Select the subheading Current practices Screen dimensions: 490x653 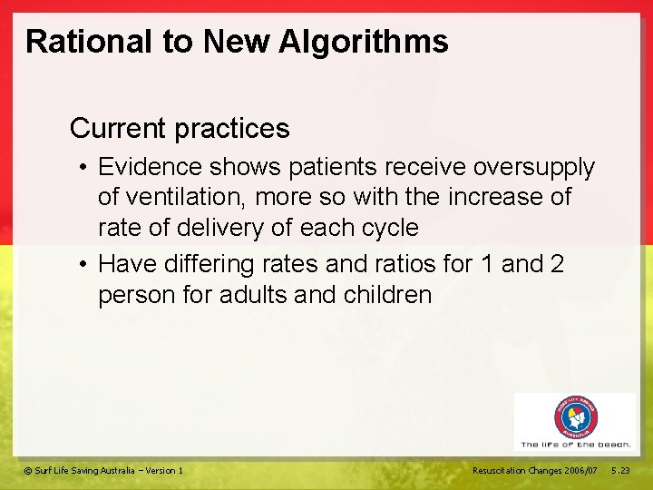(x=180, y=129)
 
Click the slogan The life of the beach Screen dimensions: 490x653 (x=576, y=445)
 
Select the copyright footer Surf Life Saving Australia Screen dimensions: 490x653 (x=103, y=470)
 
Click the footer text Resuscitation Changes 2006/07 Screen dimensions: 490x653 (x=535, y=470)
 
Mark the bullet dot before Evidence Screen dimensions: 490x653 (x=83, y=169)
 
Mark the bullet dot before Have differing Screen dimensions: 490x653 (x=83, y=266)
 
